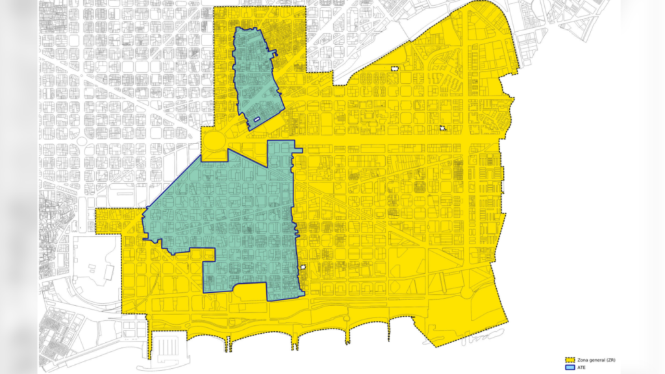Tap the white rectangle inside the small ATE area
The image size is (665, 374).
257,119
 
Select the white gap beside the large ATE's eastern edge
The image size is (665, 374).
303,266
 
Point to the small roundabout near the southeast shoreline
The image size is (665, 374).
466,293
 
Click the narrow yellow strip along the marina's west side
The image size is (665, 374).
150,341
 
